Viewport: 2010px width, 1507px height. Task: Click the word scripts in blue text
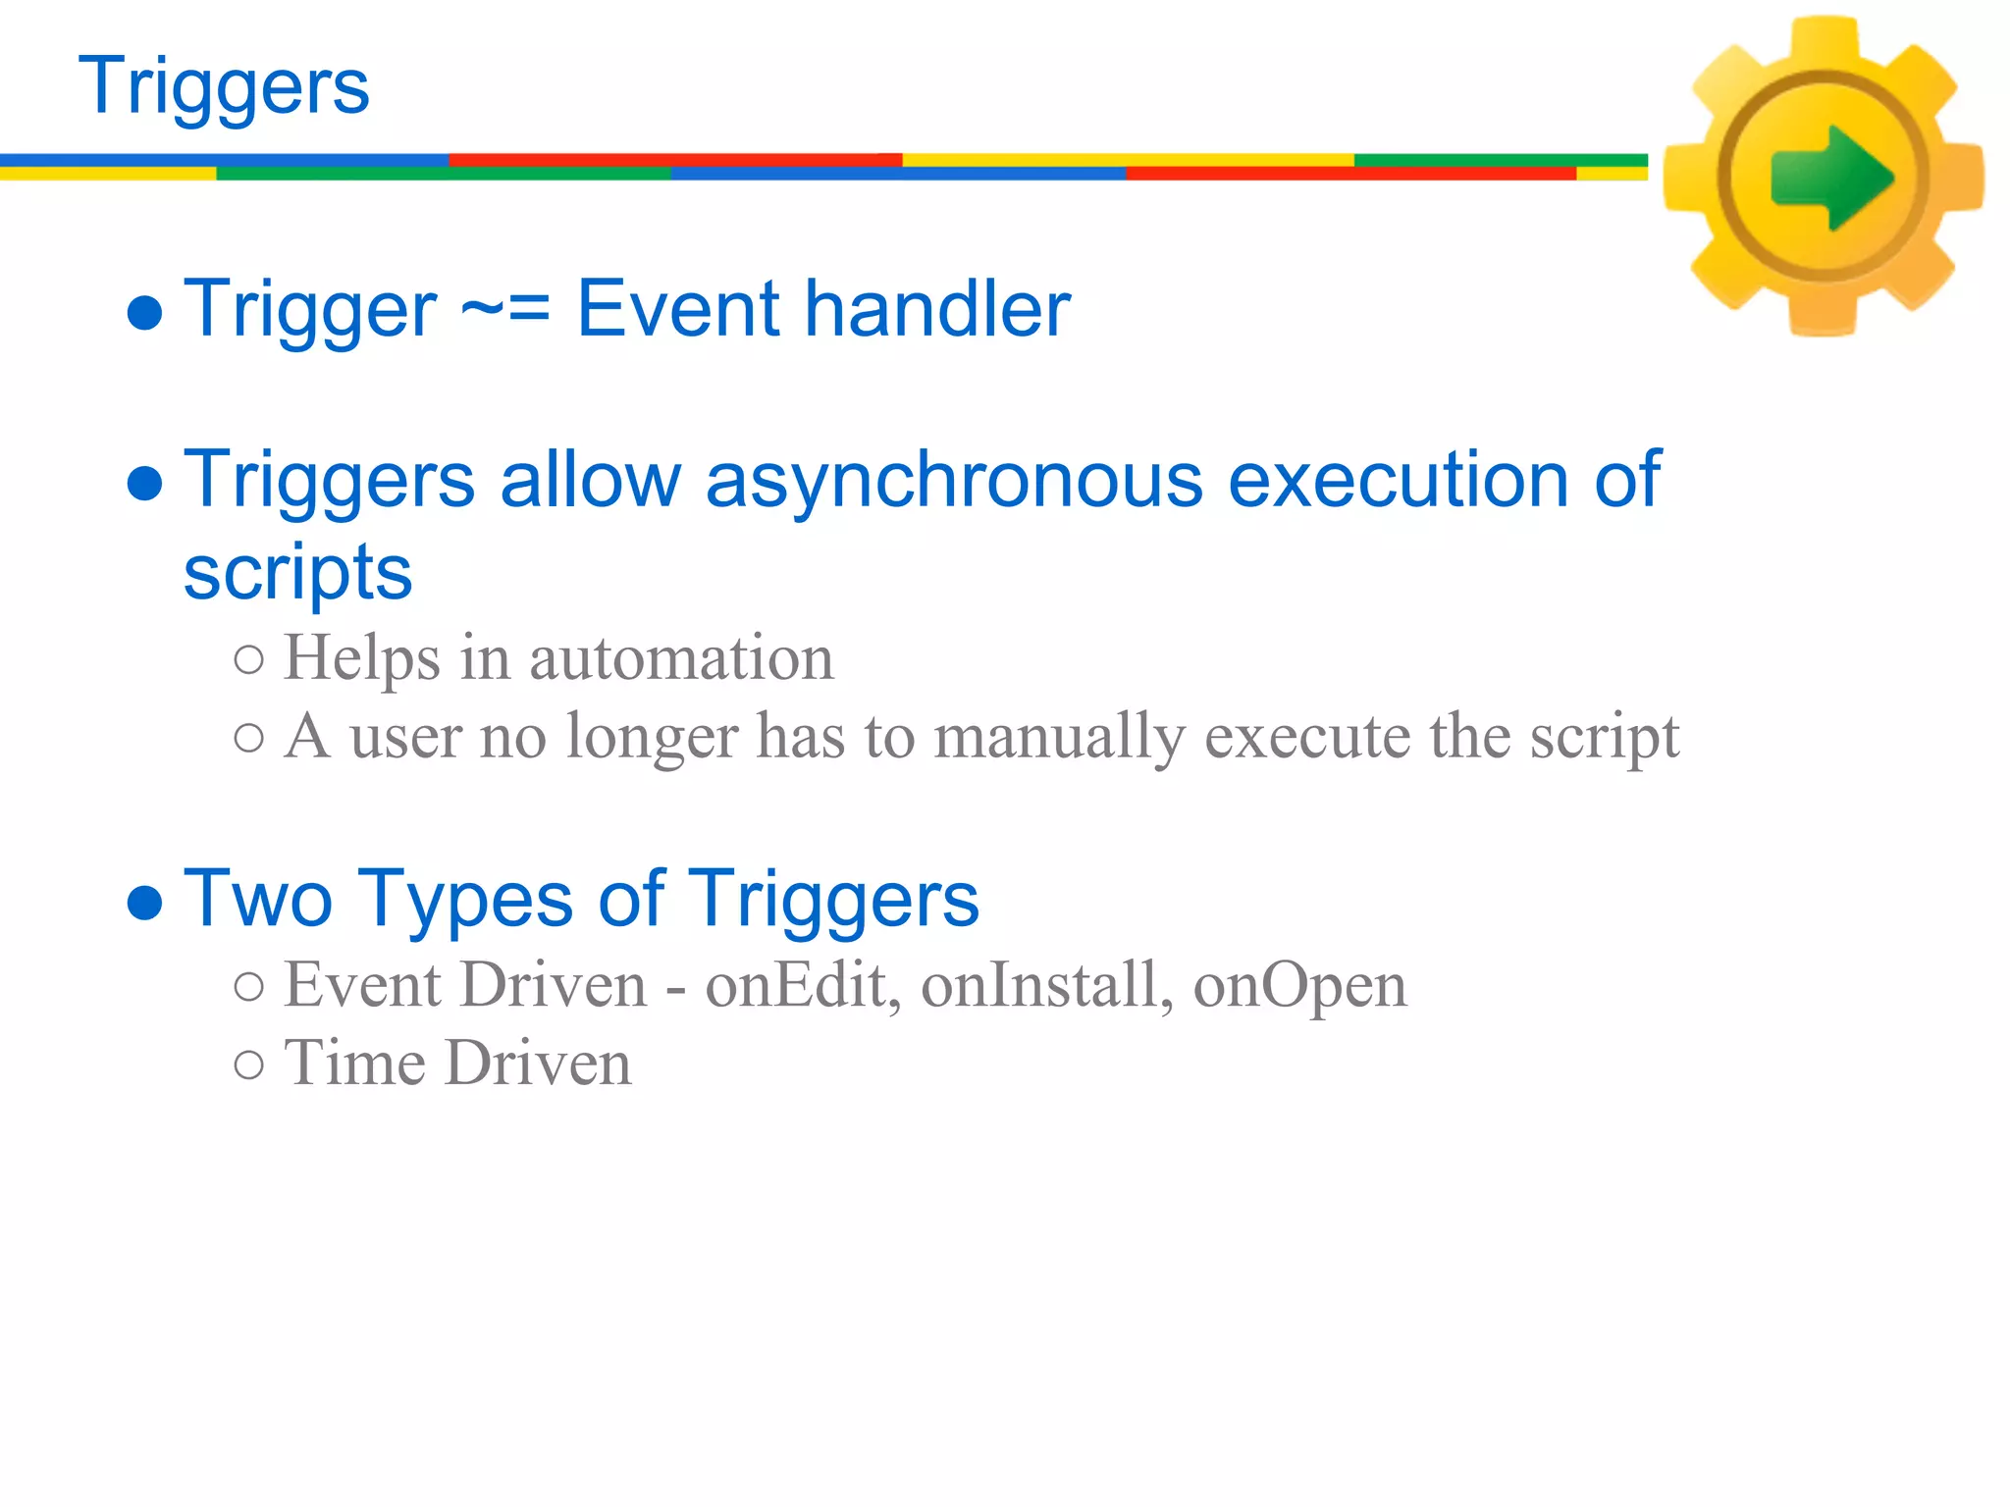pyautogui.click(x=297, y=574)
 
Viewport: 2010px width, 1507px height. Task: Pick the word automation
pyautogui.click(x=681, y=658)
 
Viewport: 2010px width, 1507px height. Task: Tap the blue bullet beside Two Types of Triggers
pyautogui.click(x=145, y=903)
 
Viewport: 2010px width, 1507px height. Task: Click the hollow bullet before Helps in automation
pyautogui.click(x=249, y=659)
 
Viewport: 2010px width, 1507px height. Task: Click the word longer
pyautogui.click(x=652, y=738)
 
